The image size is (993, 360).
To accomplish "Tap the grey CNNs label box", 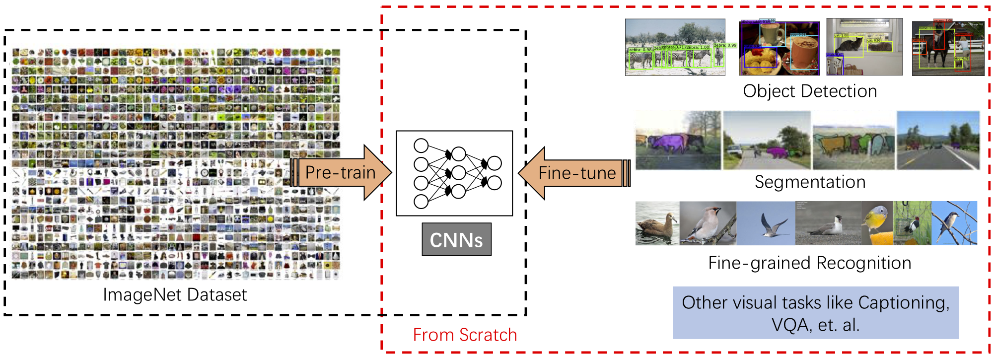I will [x=456, y=240].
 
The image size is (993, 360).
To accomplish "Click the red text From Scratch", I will [x=465, y=335].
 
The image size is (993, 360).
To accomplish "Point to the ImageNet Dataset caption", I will [x=175, y=295].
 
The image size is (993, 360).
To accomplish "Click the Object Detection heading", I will [x=810, y=91].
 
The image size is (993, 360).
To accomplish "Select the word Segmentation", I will [x=810, y=182].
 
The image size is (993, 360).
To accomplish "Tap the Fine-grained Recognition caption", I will [x=810, y=263].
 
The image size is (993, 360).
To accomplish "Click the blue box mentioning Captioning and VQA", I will [x=816, y=313].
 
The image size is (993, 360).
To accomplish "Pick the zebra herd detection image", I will [x=675, y=48].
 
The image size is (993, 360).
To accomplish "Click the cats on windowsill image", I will [x=864, y=48].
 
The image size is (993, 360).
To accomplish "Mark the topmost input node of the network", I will [x=421, y=145].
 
